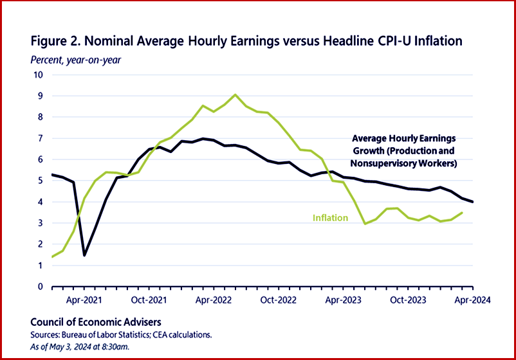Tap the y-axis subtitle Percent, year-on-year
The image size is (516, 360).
75,60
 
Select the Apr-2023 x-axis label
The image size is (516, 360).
342,300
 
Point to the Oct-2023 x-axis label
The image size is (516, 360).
408,300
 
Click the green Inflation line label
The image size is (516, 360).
330,219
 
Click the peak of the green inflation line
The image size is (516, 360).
235,95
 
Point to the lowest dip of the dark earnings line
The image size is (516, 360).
84,255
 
